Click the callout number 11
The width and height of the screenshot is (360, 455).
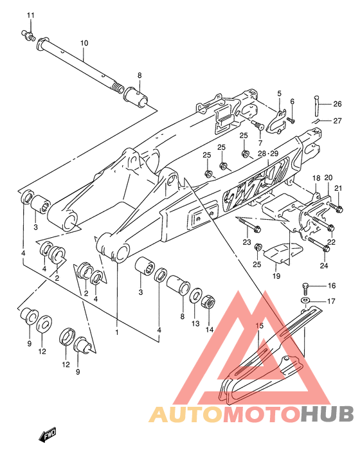[30, 15]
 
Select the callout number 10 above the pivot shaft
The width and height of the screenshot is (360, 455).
[84, 43]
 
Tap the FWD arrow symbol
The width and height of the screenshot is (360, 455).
[48, 434]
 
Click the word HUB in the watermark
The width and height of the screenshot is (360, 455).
[327, 414]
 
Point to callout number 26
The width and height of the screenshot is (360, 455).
[337, 103]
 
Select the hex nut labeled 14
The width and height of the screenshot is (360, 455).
[208, 302]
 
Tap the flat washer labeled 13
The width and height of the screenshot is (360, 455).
[196, 296]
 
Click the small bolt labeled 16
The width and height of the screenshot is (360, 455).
[305, 289]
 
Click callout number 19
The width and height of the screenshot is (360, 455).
[276, 276]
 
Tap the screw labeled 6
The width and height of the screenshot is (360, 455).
[291, 120]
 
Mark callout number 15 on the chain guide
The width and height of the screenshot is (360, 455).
[260, 326]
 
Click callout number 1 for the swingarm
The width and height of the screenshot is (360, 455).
[117, 332]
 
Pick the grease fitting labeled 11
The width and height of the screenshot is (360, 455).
[28, 36]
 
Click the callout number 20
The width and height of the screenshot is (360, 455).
[328, 177]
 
